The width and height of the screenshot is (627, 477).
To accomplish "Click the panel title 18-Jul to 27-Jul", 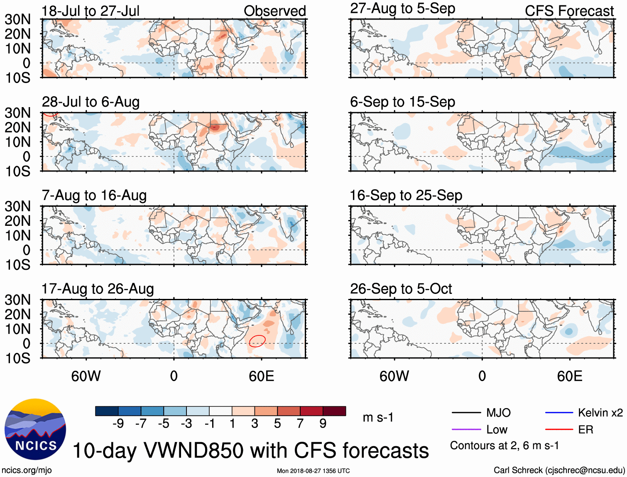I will click(91, 11).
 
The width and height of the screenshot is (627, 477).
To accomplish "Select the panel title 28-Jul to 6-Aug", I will click(91, 102).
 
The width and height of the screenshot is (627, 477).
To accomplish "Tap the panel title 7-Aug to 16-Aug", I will click(94, 195).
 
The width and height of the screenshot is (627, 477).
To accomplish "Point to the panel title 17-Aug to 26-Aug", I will click(98, 289).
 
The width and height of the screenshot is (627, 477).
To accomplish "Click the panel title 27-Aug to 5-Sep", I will click(402, 8).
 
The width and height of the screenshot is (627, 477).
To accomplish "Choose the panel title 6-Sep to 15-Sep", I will click(402, 102).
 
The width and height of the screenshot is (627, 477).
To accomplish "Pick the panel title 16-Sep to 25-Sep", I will click(406, 195).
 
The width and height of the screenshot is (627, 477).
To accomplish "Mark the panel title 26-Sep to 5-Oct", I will click(401, 289).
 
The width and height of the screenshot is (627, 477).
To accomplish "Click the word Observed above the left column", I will click(274, 11).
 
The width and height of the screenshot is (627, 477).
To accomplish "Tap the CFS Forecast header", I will click(569, 11).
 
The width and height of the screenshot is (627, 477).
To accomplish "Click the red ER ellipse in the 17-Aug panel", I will click(257, 341).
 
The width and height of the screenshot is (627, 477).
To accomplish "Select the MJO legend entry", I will click(498, 413).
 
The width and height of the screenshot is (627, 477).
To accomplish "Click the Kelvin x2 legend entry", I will click(600, 413).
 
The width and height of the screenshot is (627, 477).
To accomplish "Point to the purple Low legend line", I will click(466, 430).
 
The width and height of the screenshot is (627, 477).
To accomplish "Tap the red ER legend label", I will click(585, 430).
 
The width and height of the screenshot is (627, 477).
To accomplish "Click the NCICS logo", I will click(35, 429).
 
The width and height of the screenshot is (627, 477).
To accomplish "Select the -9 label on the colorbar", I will click(118, 423).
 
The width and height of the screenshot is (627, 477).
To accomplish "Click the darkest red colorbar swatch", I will click(334, 411).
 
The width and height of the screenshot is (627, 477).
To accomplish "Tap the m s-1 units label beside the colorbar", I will click(378, 417).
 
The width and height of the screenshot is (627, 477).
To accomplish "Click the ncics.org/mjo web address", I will click(27, 470).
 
